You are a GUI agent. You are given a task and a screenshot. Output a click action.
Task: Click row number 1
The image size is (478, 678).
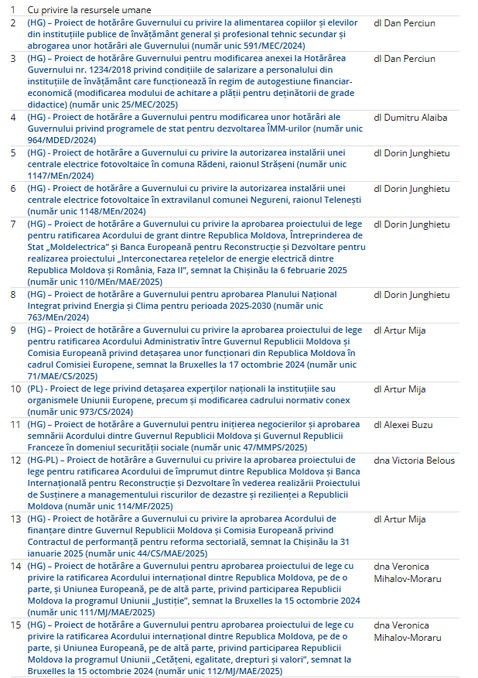12,9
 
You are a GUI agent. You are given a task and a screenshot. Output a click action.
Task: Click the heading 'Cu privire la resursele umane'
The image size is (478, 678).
89,9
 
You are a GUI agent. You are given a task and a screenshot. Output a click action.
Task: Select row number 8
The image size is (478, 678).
12,295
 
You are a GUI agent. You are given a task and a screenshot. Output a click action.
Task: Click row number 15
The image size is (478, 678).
13,625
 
